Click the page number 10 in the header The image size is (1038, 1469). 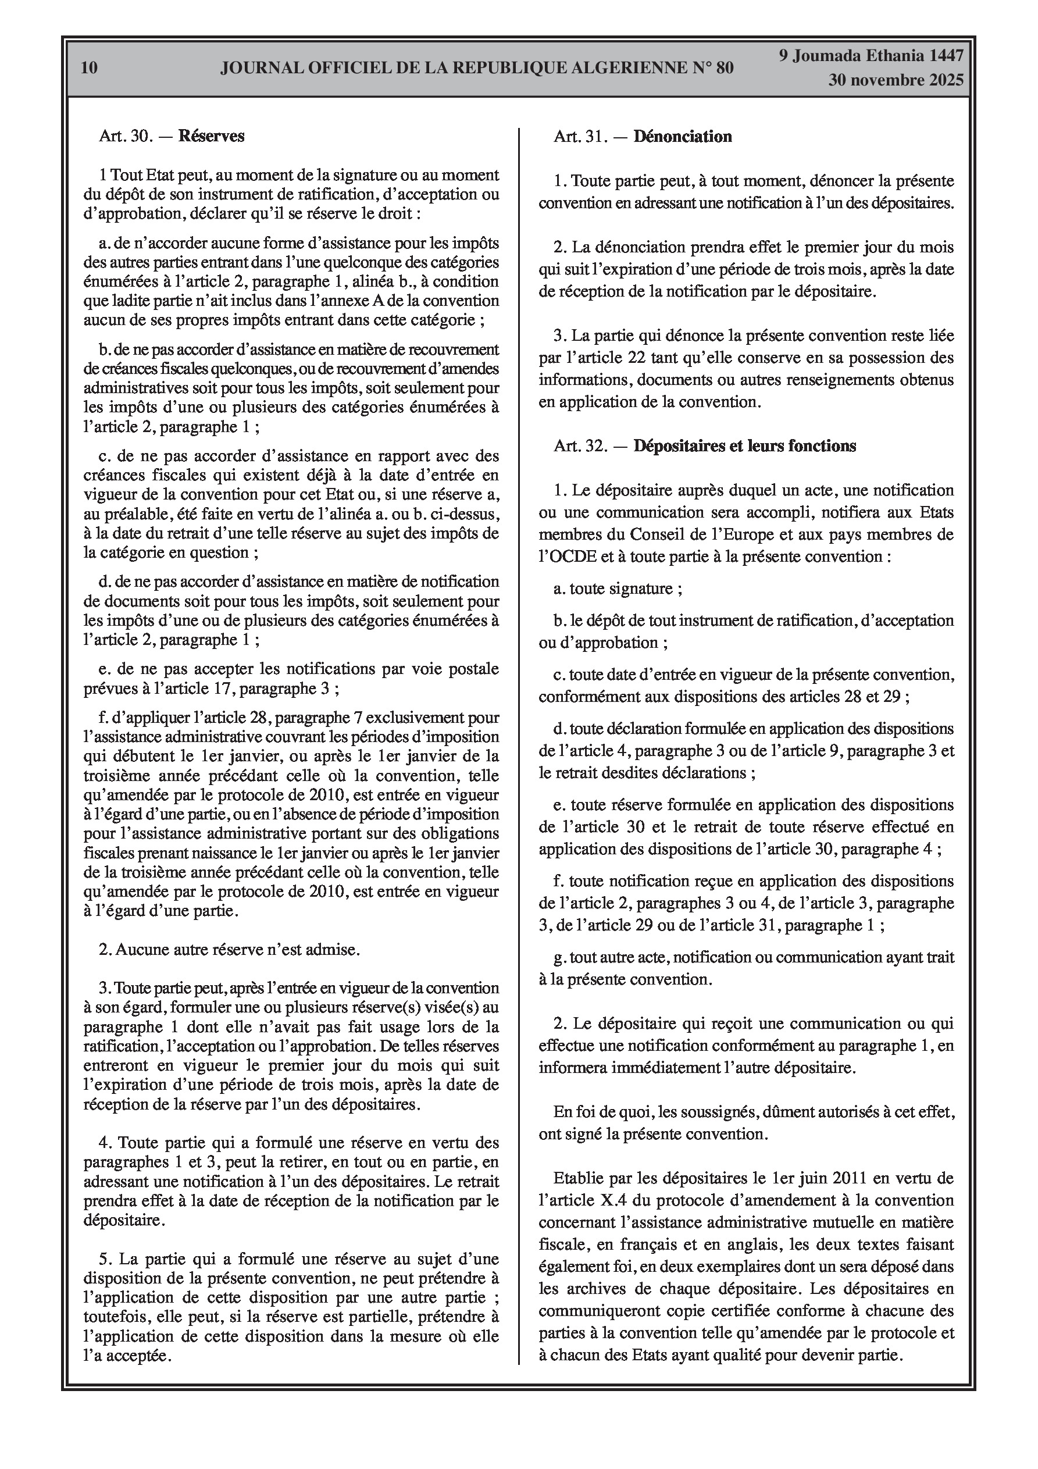90,68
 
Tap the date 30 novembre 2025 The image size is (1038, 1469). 896,81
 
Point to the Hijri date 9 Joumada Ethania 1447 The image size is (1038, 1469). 871,56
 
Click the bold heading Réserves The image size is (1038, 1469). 211,136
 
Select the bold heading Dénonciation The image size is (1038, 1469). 682,137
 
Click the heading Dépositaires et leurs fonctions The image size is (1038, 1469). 744,446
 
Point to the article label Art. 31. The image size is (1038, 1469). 580,137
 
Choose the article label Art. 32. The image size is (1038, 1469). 580,446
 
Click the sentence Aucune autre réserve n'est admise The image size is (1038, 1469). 229,950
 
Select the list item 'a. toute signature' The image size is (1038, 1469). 618,588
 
